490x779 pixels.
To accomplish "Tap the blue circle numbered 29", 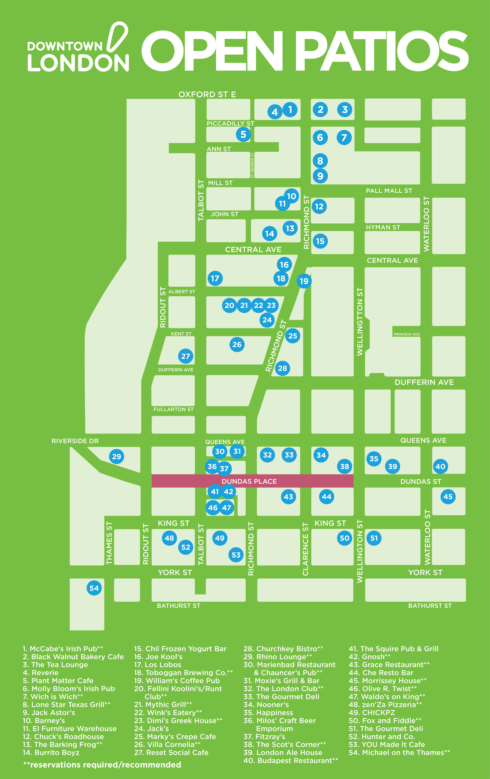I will [117, 456].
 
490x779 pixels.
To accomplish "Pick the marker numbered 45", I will [448, 497].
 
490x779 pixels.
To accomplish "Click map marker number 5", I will [243, 134].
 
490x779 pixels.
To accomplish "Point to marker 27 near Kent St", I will [186, 356].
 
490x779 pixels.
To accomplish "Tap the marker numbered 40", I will [440, 466].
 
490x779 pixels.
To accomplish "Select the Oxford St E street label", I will [207, 94].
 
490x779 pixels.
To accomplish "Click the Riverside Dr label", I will [75, 441].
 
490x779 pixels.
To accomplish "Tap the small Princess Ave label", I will [406, 334].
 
